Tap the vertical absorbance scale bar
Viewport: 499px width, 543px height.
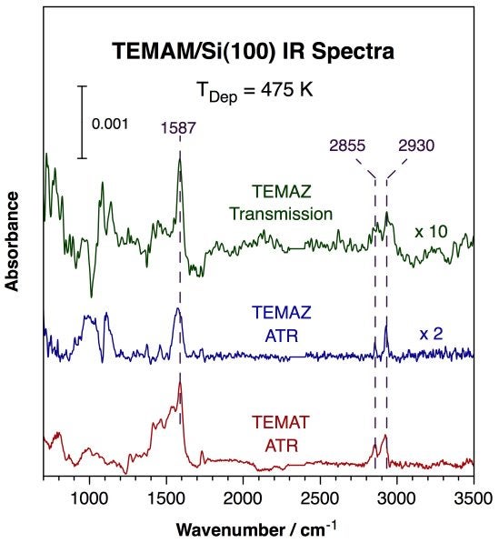click(82, 122)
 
